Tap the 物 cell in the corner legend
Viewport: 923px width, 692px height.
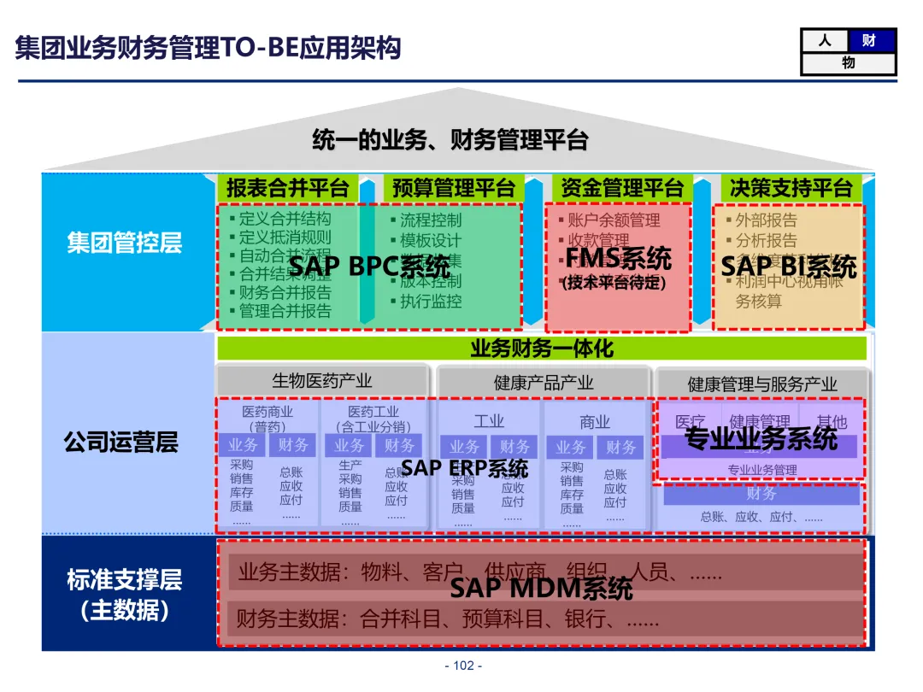click(848, 63)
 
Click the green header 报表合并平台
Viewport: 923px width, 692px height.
click(287, 187)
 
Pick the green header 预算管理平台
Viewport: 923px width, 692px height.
click(453, 187)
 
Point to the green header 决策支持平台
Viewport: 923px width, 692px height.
click(789, 187)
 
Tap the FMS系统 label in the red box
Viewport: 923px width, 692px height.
click(618, 258)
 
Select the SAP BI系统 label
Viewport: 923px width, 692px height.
click(788, 267)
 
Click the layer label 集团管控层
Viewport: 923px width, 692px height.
click(125, 243)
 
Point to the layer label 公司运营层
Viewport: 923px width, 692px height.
click(121, 442)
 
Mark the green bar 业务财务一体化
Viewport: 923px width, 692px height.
click(542, 348)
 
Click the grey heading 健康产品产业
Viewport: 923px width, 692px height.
click(544, 382)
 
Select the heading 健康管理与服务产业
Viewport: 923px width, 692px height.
click(762, 384)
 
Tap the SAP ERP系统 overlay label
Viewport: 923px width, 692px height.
click(464, 468)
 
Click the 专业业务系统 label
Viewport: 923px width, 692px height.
click(761, 439)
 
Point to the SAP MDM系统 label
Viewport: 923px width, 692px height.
click(541, 589)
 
